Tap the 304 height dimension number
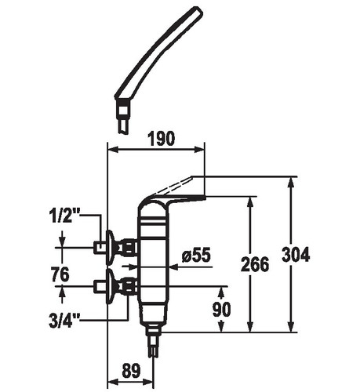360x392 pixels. click(x=296, y=254)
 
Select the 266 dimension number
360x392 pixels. click(x=255, y=264)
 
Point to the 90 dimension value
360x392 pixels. click(x=222, y=309)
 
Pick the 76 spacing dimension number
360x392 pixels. click(x=60, y=274)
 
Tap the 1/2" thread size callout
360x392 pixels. click(x=64, y=216)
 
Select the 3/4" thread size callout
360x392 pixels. click(x=64, y=321)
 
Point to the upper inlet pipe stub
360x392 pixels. click(x=100, y=247)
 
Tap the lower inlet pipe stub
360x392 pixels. click(x=100, y=286)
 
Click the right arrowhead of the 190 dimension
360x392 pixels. click(x=199, y=150)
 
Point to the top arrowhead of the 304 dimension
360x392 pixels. click(x=290, y=183)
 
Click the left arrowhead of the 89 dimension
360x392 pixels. click(x=113, y=381)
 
